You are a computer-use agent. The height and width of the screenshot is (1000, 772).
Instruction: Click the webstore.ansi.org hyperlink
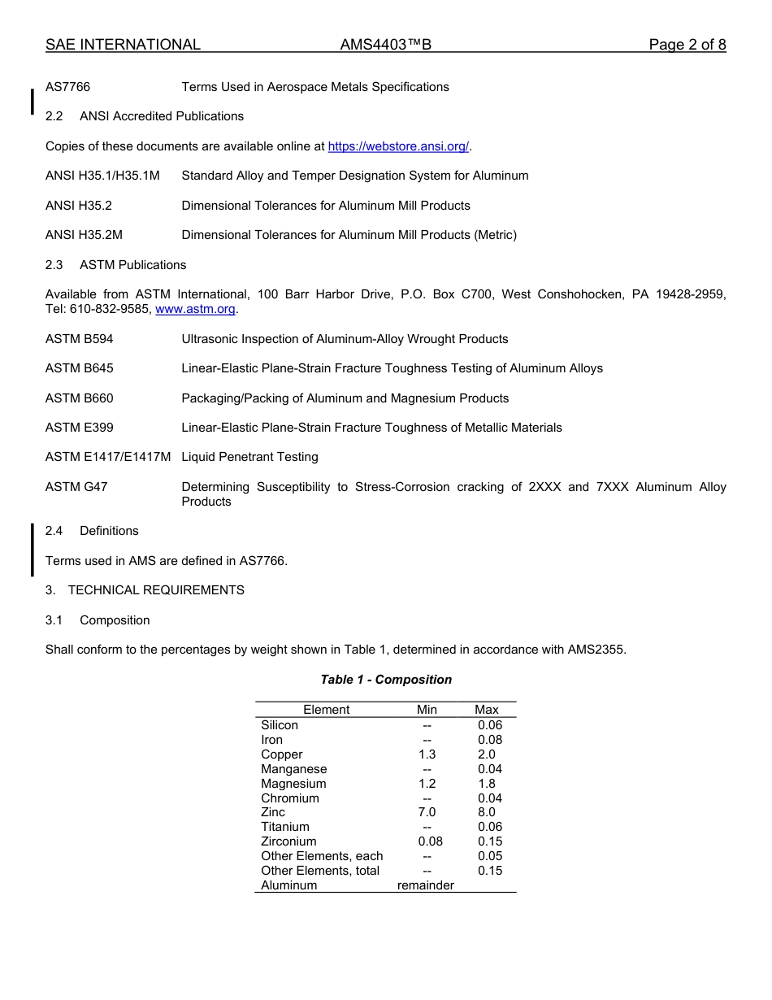[x=398, y=146]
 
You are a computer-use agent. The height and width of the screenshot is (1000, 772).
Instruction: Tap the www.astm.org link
[x=195, y=310]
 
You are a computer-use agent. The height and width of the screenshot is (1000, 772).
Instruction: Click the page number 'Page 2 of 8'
[x=687, y=45]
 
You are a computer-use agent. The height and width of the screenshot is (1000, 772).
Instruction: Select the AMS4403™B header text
[x=385, y=45]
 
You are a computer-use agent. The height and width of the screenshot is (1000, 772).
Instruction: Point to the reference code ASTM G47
[x=76, y=487]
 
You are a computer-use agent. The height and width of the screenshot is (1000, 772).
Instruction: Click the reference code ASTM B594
[x=80, y=339]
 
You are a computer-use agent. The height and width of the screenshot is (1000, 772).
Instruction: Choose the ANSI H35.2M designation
[x=84, y=235]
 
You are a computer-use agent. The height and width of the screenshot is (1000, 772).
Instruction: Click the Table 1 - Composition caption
[x=386, y=680]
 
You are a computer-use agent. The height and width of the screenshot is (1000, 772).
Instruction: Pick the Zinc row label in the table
[x=273, y=812]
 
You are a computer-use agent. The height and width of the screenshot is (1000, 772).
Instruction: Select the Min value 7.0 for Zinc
[x=427, y=812]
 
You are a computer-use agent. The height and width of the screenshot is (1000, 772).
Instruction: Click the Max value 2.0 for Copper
[x=487, y=754]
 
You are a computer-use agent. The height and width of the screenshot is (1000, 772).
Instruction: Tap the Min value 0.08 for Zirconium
[x=430, y=841]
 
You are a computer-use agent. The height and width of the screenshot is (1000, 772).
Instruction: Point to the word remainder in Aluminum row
[x=425, y=885]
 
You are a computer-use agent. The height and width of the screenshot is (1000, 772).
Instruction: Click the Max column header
[x=487, y=710]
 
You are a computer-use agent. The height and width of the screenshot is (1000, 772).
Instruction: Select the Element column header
[x=327, y=710]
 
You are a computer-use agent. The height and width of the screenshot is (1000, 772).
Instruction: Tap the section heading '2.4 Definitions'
[x=92, y=531]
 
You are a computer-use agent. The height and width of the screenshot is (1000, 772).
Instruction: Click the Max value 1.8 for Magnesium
[x=487, y=784]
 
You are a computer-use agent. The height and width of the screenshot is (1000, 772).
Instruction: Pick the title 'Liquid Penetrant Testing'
[x=249, y=457]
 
